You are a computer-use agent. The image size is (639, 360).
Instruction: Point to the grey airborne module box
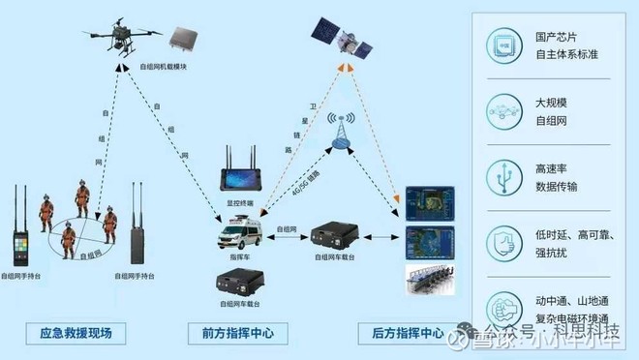coord(186,39)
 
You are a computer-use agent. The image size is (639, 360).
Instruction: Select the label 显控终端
coord(238,204)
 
